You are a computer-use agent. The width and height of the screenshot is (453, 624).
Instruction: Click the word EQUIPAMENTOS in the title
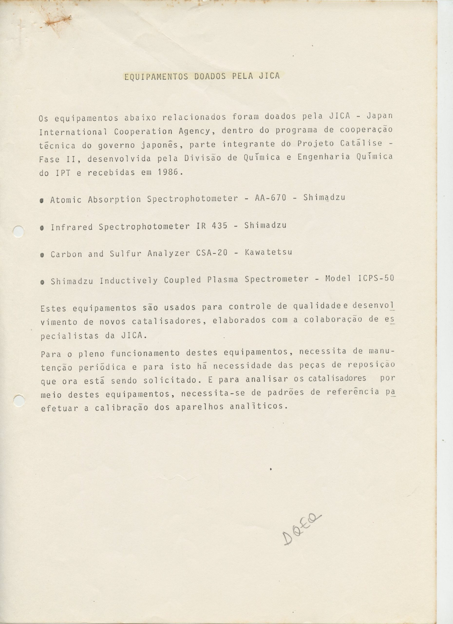[x=156, y=77]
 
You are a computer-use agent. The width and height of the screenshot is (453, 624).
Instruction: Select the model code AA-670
[x=271, y=198]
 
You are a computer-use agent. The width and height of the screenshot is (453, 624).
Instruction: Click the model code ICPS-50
[x=376, y=278]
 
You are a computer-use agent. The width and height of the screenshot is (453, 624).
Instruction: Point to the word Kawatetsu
[x=268, y=252]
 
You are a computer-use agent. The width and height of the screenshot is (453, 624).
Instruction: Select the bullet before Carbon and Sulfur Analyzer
[x=42, y=255]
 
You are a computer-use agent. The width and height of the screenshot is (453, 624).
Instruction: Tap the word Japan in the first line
[x=380, y=116]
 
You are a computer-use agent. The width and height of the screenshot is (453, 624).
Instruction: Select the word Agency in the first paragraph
[x=196, y=131]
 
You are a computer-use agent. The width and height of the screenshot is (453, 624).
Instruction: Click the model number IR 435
[x=212, y=226]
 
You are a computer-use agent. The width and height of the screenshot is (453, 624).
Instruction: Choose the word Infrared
[x=71, y=227]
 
